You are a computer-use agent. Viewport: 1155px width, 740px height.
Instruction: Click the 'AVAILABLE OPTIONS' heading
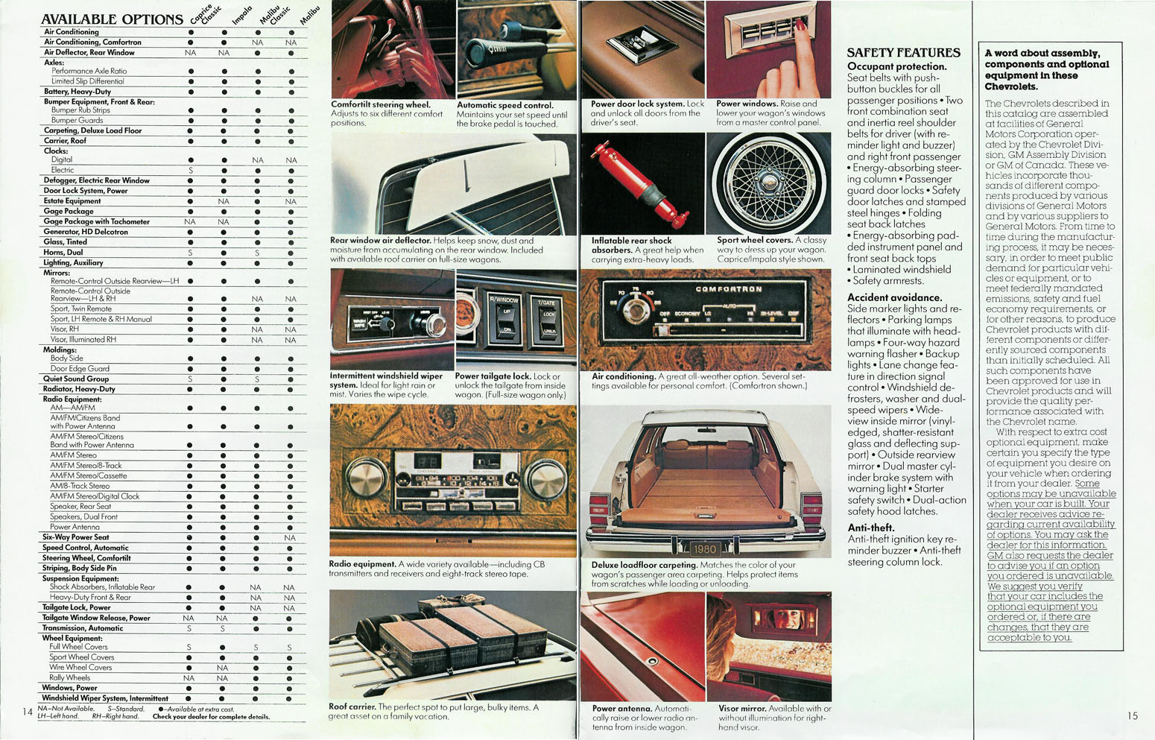[x=112, y=19]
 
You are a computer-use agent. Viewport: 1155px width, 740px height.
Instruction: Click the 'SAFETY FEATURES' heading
[x=903, y=53]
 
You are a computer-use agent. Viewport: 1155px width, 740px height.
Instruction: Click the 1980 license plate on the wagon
[x=704, y=549]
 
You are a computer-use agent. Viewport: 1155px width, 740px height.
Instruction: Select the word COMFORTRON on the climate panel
[x=728, y=289]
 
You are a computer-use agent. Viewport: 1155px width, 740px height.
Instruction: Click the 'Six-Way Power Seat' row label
[x=75, y=537]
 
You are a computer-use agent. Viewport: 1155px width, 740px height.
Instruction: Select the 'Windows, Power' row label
[x=69, y=688]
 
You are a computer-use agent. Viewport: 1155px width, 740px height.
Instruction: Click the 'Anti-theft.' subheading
[x=870, y=528]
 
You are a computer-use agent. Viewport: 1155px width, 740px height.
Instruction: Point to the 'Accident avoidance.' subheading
[x=894, y=297]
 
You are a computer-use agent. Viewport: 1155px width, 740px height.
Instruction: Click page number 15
[x=1132, y=715]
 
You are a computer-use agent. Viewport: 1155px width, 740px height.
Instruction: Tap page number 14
[x=27, y=712]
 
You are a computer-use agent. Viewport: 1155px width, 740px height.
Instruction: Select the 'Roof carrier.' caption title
[x=352, y=706]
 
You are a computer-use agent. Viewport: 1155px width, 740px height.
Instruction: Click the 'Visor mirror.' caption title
[x=741, y=709]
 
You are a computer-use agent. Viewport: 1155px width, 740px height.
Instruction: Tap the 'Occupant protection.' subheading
[x=896, y=66]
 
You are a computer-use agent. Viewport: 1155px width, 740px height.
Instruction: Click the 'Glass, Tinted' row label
[x=65, y=242]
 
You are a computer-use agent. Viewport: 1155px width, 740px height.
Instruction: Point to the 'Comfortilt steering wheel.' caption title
[x=380, y=105]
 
